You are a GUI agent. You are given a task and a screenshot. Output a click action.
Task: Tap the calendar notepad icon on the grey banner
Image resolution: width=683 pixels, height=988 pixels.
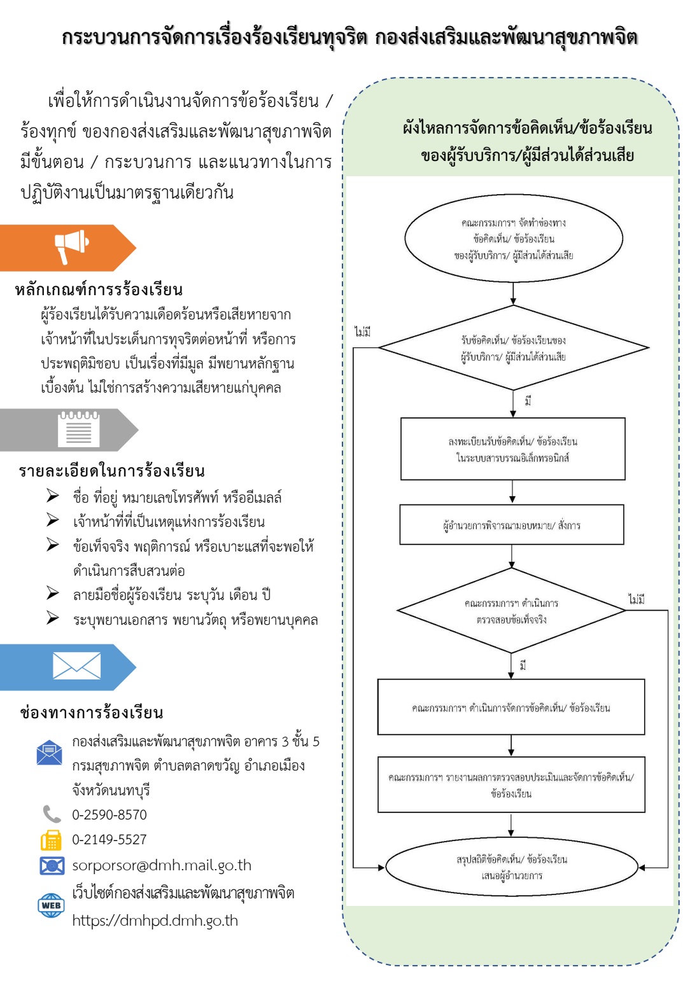pos(78,429)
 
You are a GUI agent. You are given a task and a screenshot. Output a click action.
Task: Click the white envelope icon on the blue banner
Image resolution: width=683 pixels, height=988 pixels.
pos(76,666)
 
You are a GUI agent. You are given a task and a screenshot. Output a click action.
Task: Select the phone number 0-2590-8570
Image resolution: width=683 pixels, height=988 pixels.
pos(109,815)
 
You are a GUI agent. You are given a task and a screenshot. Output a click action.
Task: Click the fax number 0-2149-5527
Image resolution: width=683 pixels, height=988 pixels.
pos(109,840)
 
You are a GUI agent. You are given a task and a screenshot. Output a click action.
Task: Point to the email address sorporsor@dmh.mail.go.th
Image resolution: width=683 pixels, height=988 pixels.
pos(162,865)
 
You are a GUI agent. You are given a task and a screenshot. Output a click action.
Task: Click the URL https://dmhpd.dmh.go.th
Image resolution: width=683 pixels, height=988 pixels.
pos(155,921)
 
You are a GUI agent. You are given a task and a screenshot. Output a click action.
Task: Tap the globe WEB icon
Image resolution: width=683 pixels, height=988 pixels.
pos(51,905)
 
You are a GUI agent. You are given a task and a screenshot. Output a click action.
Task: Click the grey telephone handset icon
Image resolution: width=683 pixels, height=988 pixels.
pos(51,814)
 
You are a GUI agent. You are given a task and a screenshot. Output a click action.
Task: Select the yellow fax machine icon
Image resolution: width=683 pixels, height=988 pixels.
pos(51,840)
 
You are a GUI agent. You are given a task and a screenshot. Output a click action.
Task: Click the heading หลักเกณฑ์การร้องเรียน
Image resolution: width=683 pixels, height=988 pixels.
pos(99,290)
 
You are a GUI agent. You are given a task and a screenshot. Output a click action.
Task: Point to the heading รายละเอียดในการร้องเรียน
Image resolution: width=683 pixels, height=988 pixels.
pos(111,471)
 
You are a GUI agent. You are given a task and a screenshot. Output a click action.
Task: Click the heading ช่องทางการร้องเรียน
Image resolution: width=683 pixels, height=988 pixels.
pos(91,713)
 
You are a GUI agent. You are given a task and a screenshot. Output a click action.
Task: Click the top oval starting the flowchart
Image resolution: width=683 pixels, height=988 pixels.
pos(513,239)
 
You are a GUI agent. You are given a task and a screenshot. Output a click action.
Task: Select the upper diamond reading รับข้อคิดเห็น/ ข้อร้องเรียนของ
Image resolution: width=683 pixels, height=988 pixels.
pos(513,348)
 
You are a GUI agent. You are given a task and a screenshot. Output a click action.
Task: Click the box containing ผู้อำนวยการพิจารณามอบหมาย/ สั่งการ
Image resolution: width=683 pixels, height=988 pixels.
pos(512,525)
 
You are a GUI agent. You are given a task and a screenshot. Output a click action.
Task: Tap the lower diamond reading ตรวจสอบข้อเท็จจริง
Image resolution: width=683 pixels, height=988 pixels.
pos(511,611)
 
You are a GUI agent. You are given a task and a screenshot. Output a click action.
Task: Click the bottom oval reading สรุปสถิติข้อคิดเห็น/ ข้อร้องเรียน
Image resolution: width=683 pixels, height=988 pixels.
pos(511,867)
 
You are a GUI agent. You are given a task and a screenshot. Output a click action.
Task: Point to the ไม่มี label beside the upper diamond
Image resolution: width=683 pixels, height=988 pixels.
pos(363,332)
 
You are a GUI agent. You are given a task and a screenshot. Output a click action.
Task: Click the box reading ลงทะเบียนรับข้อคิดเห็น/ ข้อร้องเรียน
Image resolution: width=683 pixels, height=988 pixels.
pos(512,449)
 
